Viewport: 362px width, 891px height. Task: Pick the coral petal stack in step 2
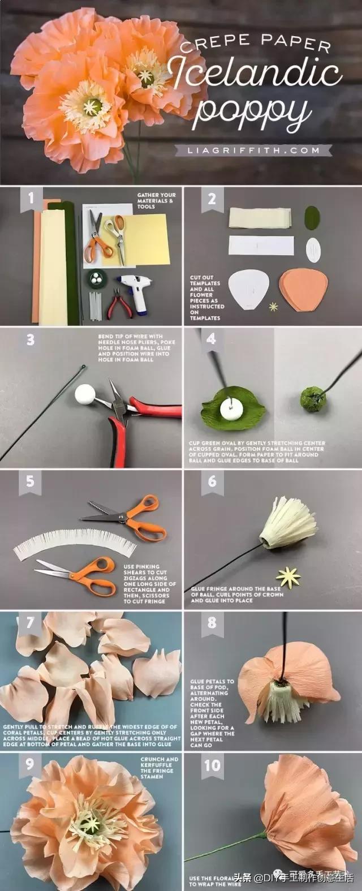pos(303,289)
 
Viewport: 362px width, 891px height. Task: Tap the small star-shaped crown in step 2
pos(274,307)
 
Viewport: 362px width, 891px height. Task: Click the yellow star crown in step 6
pos(288,577)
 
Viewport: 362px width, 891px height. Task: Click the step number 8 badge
pos(212,623)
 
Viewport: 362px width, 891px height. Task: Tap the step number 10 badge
pos(212,766)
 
